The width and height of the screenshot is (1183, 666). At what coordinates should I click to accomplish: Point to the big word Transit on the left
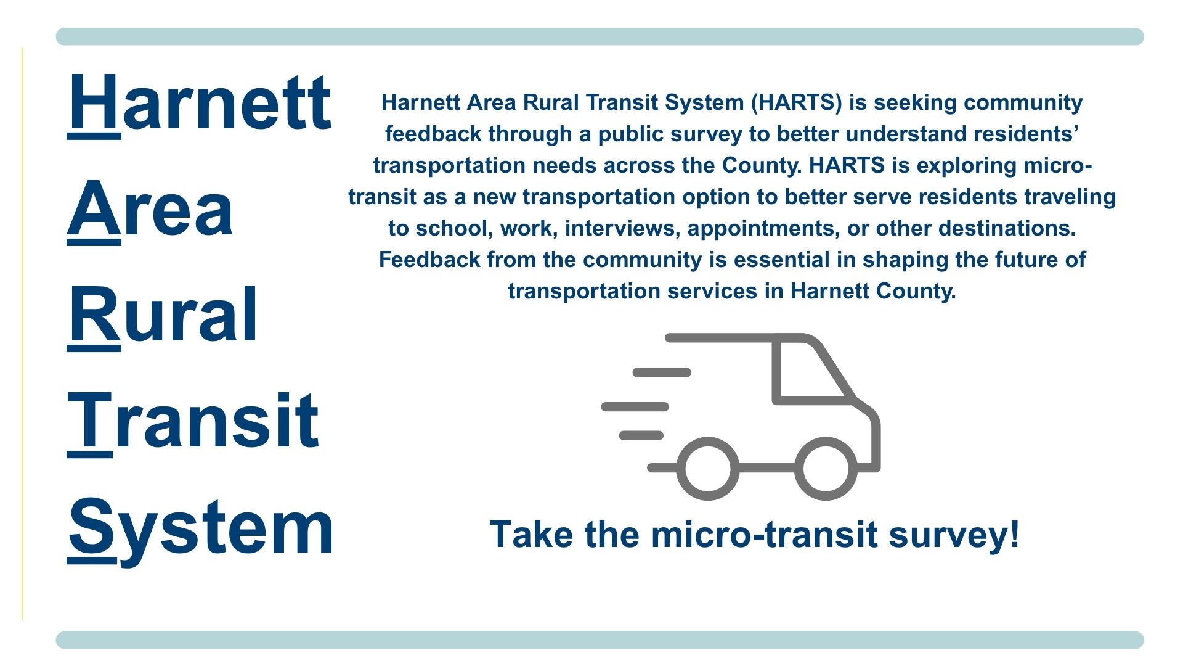click(193, 421)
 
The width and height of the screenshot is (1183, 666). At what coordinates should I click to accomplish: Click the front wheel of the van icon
click(826, 469)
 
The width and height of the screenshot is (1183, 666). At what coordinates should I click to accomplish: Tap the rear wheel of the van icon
click(708, 469)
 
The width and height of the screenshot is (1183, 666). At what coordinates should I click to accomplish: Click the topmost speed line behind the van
click(662, 372)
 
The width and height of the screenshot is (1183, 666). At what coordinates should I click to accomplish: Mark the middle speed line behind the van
click(635, 407)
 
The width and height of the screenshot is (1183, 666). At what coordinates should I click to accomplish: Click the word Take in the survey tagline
click(532, 534)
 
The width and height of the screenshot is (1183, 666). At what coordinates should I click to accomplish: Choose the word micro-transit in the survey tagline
click(764, 534)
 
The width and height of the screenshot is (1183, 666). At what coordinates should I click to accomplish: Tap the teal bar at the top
click(600, 36)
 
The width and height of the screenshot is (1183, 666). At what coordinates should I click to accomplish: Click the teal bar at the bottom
click(600, 639)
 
